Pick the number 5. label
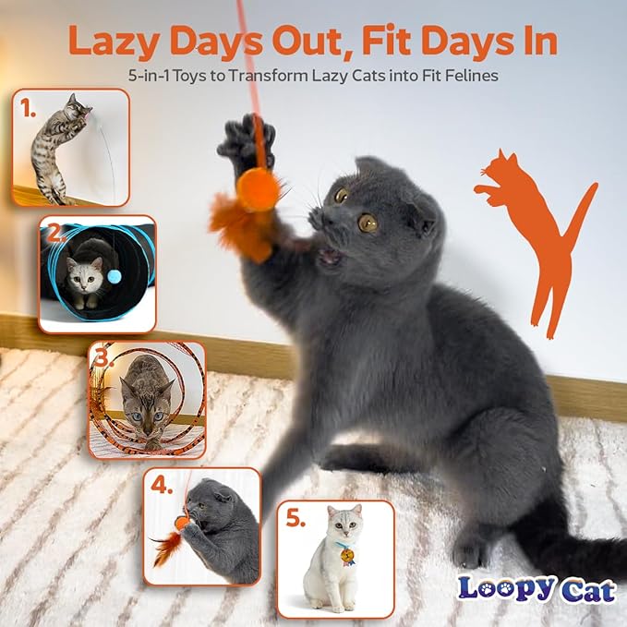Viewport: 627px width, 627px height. pos(295,519)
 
